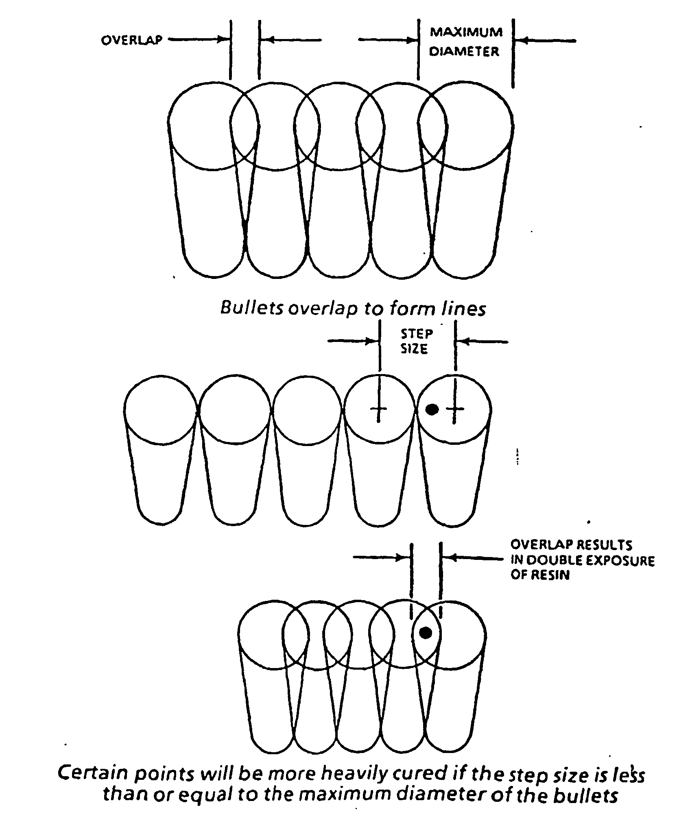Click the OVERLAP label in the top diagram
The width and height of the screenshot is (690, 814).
tap(131, 40)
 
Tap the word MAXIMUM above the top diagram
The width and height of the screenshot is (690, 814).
tap(466, 32)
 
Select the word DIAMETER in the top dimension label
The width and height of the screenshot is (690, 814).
tap(464, 52)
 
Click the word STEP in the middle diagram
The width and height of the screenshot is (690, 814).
tap(417, 334)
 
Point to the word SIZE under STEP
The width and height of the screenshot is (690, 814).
tap(414, 349)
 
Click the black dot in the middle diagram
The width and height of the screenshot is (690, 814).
tap(432, 409)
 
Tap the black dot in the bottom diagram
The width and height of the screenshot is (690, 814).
tap(426, 632)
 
